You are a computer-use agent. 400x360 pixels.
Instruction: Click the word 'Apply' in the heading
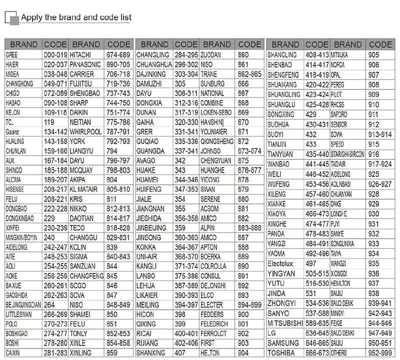click(x=30, y=17)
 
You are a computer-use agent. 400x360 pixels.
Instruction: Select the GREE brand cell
click(x=12, y=54)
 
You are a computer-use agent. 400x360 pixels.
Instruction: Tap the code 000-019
click(x=55, y=54)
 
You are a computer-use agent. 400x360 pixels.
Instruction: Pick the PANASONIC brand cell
click(x=85, y=64)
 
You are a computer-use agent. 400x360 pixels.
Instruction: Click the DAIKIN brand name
click(x=78, y=112)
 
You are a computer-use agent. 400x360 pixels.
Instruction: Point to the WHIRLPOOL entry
click(x=85, y=131)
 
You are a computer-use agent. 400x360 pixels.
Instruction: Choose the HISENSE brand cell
click(x=15, y=189)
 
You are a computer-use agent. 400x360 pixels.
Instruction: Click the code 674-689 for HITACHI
click(x=118, y=54)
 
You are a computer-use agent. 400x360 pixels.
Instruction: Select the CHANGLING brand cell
click(x=152, y=54)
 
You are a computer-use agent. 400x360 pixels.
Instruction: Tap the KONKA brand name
click(x=146, y=247)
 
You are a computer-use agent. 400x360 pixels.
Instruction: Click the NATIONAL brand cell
click(x=212, y=93)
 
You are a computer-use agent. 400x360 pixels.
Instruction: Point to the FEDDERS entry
click(x=212, y=314)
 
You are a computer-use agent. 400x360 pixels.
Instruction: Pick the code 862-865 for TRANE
click(x=250, y=74)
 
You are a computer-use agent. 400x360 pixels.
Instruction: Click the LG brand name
click(x=272, y=333)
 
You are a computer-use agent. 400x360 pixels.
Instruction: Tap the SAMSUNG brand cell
click(x=283, y=343)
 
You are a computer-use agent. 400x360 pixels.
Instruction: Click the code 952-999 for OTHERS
click(x=380, y=352)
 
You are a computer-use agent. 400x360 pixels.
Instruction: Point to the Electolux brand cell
click(x=283, y=263)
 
